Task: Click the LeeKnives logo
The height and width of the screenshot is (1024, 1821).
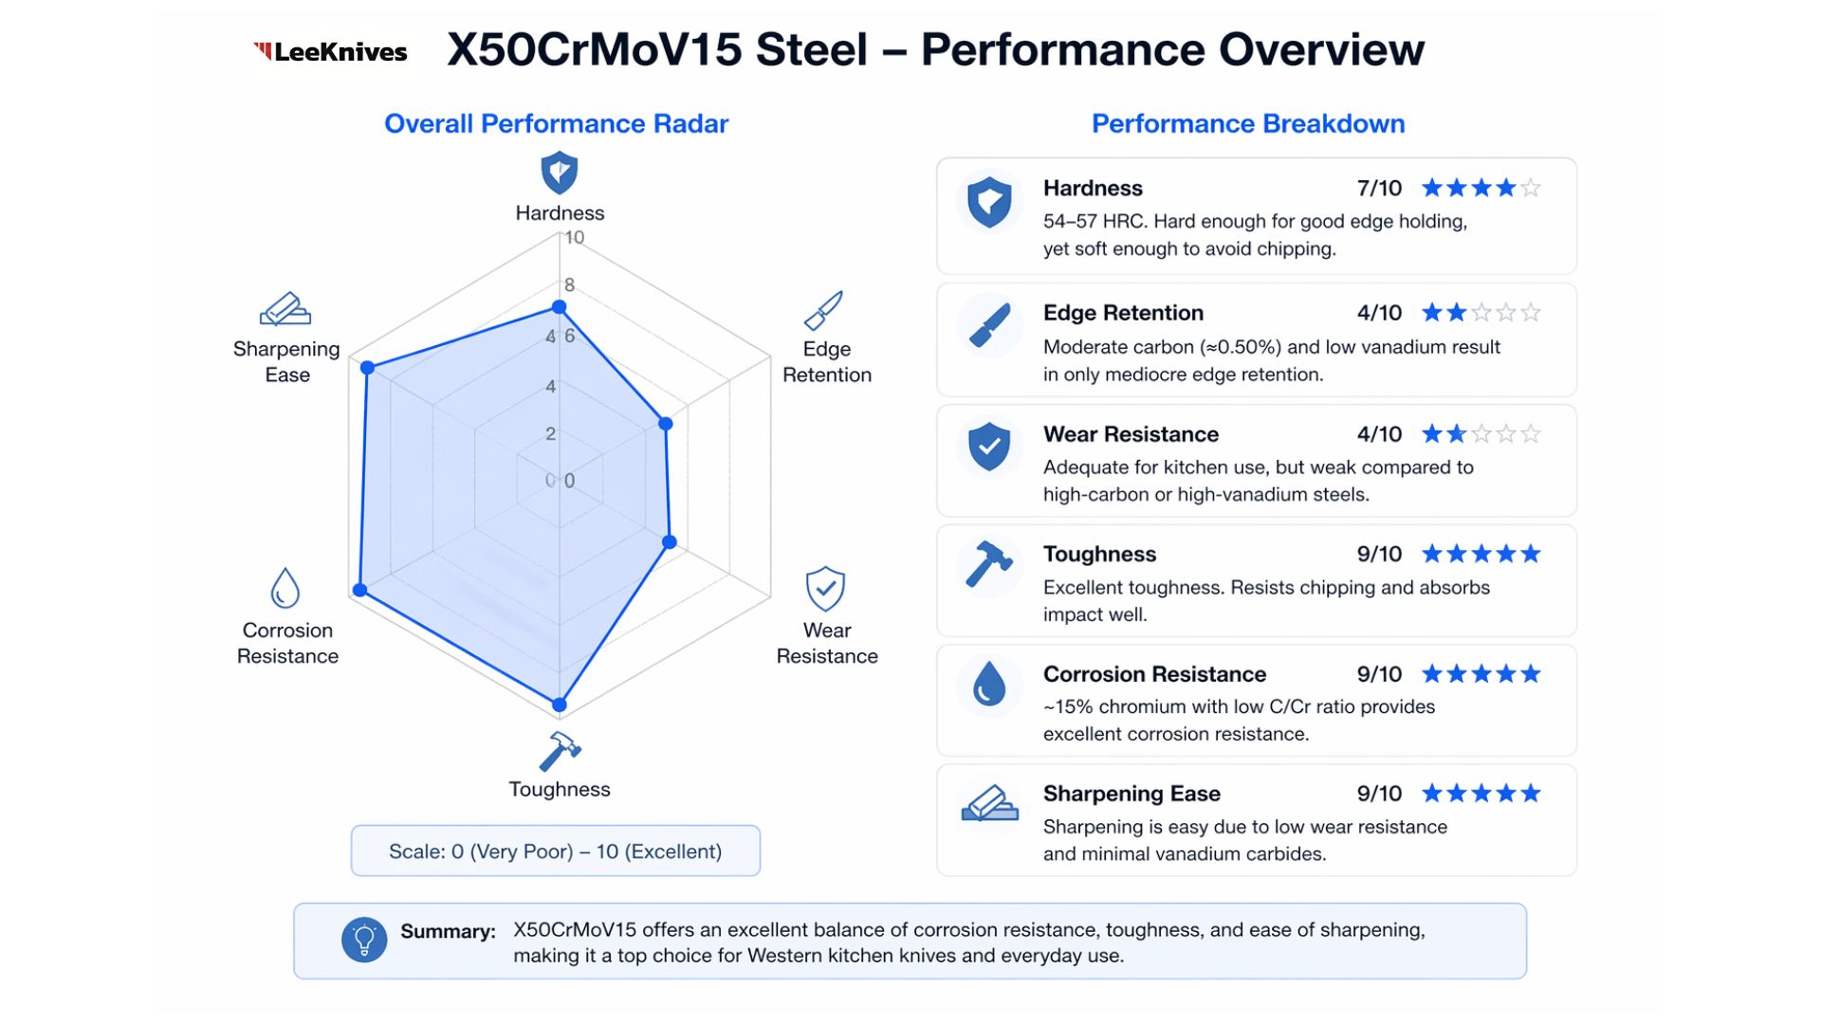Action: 330,51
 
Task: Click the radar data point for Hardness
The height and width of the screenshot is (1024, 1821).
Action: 560,307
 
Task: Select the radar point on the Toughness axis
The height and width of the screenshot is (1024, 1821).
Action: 560,704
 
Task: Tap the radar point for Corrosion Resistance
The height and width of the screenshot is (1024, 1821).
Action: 359,590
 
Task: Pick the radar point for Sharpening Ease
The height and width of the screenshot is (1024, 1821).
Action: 368,368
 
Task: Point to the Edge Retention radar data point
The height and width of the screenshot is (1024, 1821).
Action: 666,424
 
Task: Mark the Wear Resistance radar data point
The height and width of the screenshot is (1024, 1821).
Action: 670,542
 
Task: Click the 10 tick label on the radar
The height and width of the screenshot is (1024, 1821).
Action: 575,238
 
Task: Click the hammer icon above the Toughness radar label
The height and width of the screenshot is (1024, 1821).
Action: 560,751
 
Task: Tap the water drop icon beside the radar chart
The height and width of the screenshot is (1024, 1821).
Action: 285,588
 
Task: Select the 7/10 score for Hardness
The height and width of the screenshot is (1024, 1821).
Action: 1379,189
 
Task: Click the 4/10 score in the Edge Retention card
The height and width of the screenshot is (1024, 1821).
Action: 1379,313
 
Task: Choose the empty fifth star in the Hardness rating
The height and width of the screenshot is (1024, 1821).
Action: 1531,189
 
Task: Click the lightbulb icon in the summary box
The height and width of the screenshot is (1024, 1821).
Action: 364,941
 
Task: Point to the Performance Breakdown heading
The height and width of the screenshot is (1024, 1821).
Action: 1248,124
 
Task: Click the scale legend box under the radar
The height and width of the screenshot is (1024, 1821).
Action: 556,851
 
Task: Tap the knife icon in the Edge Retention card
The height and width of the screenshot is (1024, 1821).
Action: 989,325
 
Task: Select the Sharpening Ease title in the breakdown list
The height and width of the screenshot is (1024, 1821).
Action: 1131,794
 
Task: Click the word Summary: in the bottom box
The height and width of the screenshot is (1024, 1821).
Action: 448,931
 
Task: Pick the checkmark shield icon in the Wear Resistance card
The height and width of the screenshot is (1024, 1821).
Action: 989,446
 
